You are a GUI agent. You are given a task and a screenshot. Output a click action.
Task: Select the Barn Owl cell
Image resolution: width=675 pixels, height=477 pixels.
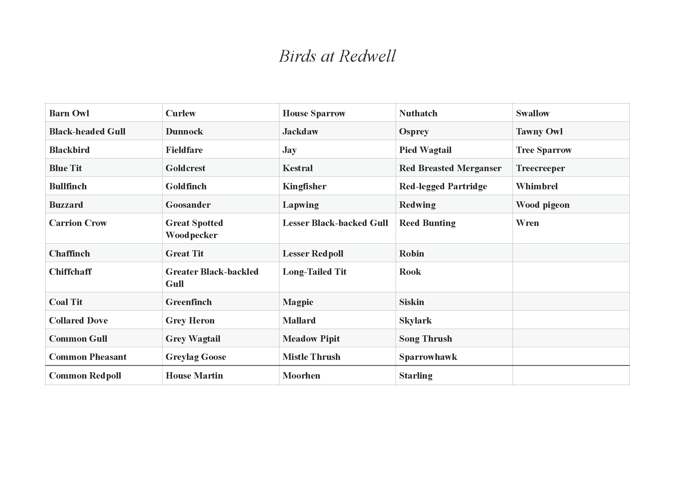[69, 113]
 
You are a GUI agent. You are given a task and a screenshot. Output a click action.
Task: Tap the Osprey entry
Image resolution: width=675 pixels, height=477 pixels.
[414, 131]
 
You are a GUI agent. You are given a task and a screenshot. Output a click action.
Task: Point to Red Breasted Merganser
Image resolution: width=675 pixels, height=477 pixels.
[450, 168]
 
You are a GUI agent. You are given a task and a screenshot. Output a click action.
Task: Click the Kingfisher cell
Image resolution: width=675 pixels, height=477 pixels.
[304, 186]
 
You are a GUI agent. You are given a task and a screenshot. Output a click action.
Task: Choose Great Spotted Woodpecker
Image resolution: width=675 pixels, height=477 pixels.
[194, 229]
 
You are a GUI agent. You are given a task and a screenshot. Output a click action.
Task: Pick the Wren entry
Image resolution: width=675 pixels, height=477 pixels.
[528, 223]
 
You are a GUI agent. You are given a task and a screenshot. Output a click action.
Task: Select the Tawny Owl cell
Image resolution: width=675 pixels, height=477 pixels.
[539, 131]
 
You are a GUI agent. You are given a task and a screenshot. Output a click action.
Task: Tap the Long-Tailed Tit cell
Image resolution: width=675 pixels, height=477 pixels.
[314, 272]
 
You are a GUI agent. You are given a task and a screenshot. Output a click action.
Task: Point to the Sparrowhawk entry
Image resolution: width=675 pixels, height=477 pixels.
[428, 357]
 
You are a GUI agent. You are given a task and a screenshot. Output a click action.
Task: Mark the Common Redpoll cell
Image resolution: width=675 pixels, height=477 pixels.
[85, 376]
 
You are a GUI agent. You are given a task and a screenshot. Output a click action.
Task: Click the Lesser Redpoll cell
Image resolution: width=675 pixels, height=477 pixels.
[313, 253]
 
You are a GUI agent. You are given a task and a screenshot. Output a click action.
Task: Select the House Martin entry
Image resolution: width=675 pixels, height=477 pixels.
[194, 376]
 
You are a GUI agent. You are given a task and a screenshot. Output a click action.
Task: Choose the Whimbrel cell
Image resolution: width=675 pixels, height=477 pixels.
[537, 186]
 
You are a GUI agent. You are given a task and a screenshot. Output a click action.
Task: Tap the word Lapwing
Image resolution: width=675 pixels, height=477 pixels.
[300, 205]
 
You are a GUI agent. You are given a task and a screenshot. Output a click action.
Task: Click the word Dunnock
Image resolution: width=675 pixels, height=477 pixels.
[184, 131]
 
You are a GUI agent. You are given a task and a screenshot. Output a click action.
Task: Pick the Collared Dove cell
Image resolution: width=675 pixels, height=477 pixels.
[78, 320]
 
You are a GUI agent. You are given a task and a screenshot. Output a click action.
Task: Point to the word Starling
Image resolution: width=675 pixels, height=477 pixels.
[416, 376]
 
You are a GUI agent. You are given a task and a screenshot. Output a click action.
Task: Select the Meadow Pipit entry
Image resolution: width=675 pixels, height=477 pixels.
[311, 338]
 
